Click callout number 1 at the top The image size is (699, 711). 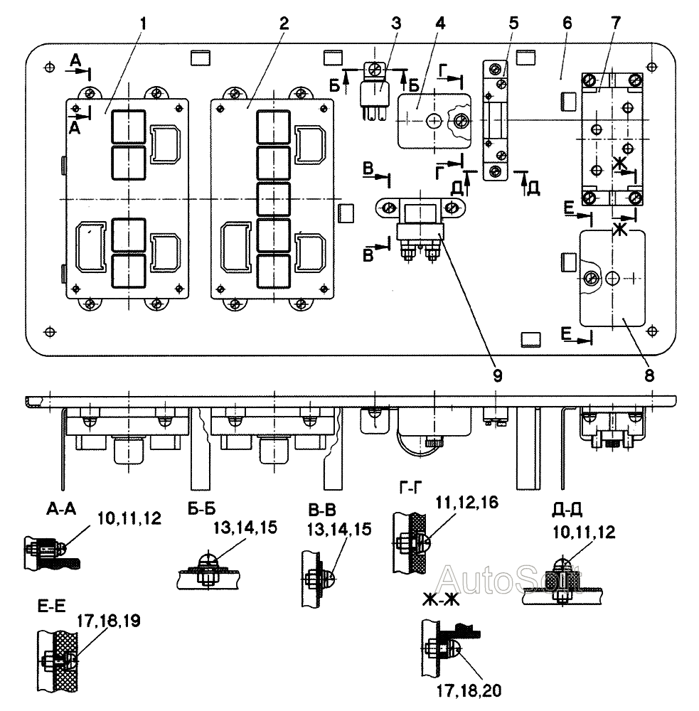point(144,23)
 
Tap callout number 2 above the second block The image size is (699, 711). point(284,23)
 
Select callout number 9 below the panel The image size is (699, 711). point(497,375)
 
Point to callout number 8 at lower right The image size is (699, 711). point(649,375)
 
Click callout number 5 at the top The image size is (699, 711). point(513,23)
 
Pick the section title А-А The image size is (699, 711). point(60,509)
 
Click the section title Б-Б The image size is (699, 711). point(201,509)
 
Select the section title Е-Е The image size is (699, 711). point(51,606)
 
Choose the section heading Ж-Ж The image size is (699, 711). point(440,600)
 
